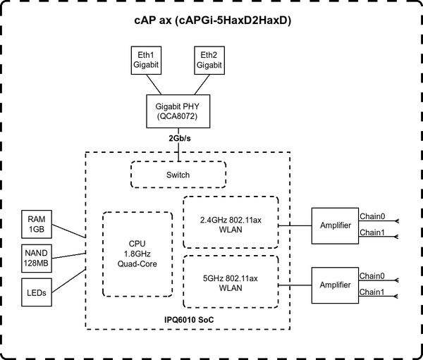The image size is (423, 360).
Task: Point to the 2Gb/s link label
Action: (x=179, y=139)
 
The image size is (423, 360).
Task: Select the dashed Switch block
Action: (x=178, y=174)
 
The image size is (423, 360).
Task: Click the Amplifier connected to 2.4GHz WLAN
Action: (x=334, y=225)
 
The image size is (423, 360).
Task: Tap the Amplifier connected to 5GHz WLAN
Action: (x=334, y=284)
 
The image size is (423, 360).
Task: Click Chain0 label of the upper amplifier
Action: (x=372, y=216)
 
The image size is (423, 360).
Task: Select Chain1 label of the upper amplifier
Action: (x=372, y=232)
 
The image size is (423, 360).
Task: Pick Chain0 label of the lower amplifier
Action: (x=372, y=275)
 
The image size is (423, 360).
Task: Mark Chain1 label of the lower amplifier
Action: (x=372, y=292)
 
